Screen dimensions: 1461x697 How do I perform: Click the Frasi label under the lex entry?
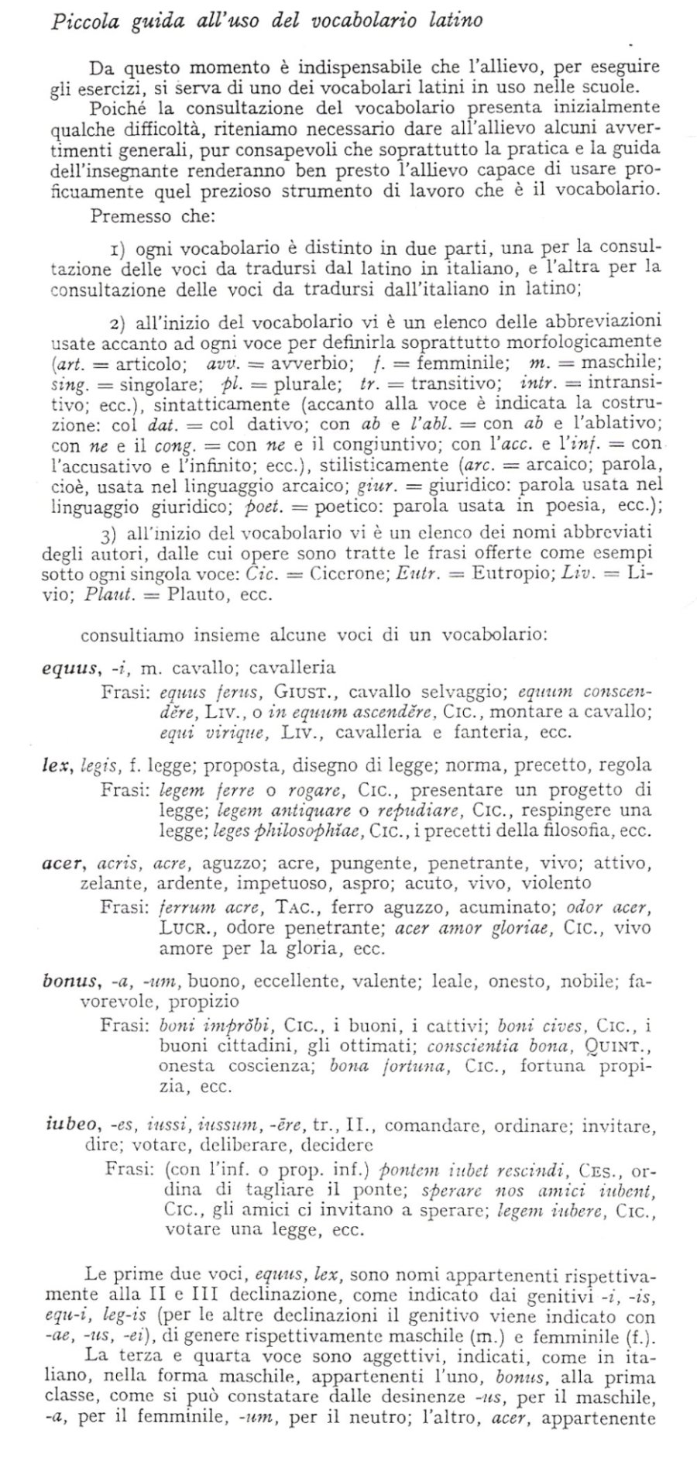point(124,790)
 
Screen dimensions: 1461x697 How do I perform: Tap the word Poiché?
point(115,106)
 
